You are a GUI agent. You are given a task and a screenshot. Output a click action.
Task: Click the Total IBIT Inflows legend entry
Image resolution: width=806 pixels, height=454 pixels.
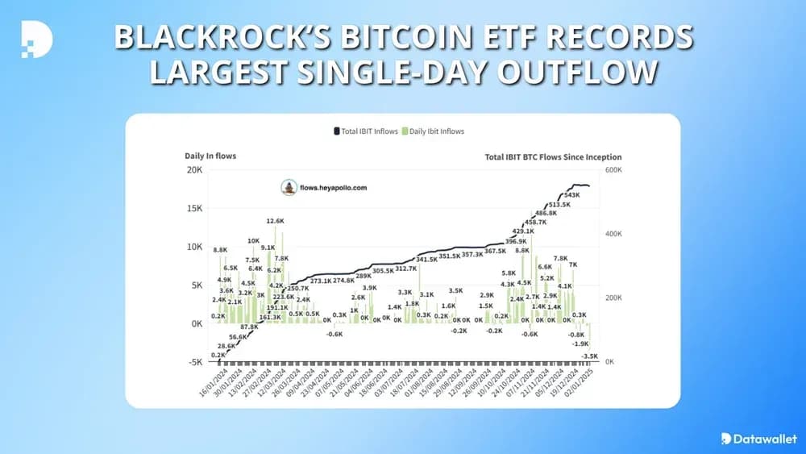click(366, 131)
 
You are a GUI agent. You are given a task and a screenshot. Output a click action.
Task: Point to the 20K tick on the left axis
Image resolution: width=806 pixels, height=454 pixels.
click(195, 170)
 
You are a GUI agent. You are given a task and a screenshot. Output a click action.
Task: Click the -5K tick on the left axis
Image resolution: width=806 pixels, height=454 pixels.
click(195, 362)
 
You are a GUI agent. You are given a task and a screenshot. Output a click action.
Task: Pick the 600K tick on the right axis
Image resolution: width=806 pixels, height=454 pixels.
click(613, 170)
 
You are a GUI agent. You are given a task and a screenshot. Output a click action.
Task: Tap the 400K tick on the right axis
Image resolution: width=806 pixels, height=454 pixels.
click(613, 234)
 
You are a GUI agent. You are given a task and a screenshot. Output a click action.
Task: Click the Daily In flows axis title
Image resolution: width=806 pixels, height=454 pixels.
click(210, 156)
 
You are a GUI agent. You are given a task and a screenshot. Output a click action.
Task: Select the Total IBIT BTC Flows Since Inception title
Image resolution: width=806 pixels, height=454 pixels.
click(553, 157)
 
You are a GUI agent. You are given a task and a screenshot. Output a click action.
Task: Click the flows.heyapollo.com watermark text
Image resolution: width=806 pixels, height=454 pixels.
click(333, 187)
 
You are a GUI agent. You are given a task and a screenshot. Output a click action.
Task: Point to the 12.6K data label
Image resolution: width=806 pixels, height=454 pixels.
click(276, 221)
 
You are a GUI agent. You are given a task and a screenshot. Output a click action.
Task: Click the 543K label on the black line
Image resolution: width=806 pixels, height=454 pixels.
click(572, 195)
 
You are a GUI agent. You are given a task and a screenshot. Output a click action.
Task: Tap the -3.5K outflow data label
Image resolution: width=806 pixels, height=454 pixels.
click(589, 355)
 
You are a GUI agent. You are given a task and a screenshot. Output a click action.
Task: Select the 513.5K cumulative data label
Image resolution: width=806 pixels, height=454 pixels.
click(559, 205)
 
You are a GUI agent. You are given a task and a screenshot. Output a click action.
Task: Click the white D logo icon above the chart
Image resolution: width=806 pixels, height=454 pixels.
click(36, 37)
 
